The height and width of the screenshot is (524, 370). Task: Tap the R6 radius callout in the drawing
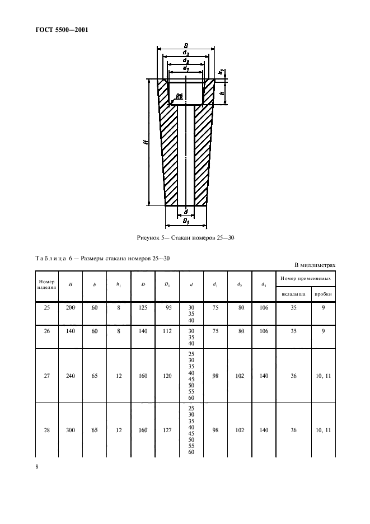(179, 97)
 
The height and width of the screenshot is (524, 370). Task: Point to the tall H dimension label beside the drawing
(145, 143)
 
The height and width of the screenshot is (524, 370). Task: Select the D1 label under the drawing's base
(185, 221)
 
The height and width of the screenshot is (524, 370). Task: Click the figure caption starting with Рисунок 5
(185, 238)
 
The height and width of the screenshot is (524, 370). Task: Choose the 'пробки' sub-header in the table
(323, 293)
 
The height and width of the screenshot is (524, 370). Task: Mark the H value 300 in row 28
(71, 431)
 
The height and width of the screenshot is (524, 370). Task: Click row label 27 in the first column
(46, 376)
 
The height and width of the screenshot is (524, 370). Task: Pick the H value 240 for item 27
(71, 376)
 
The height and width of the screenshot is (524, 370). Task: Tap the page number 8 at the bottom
(37, 467)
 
